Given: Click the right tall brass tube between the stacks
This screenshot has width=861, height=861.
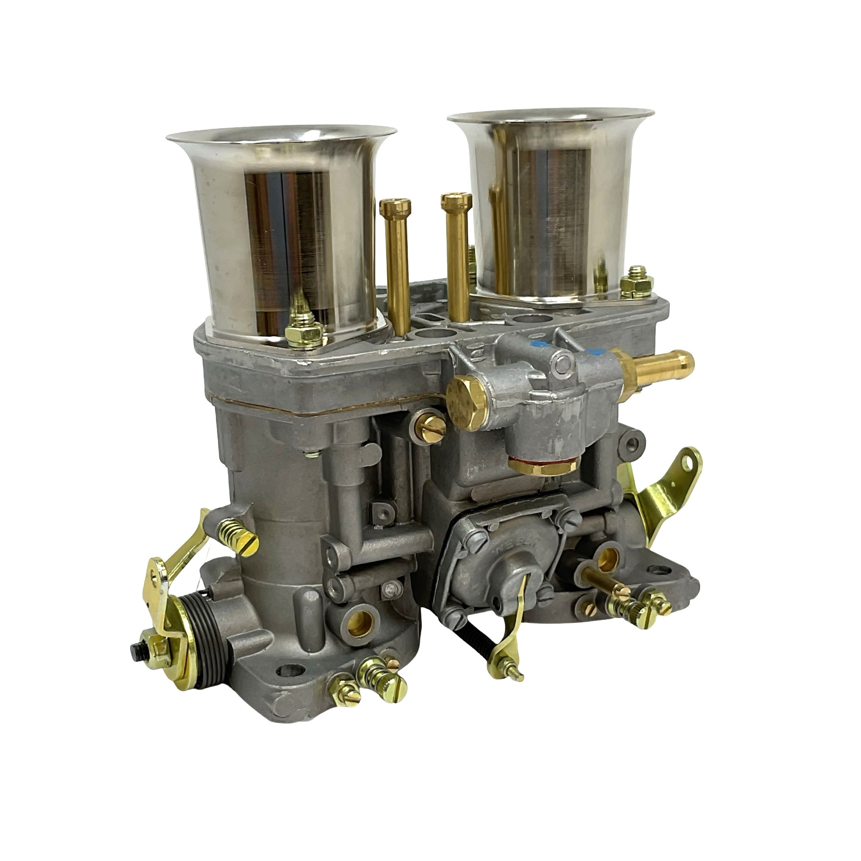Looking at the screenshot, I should click(455, 254).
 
